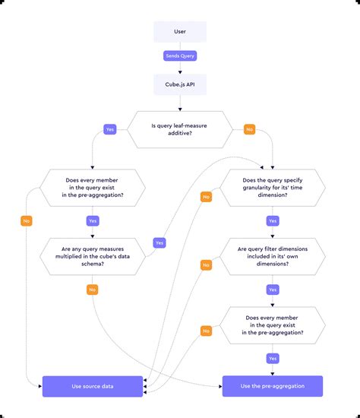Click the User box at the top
[180, 31]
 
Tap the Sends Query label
[180, 55]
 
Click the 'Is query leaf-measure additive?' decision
[180, 129]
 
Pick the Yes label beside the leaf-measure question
[109, 129]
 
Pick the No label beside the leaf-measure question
[249, 129]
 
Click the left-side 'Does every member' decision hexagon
[92, 188]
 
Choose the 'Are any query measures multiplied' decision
[92, 255]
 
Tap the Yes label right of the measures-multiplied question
[159, 243]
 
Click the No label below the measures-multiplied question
[92, 290]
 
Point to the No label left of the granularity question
[206, 198]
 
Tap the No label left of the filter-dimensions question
[206, 264]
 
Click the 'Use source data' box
[92, 386]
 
